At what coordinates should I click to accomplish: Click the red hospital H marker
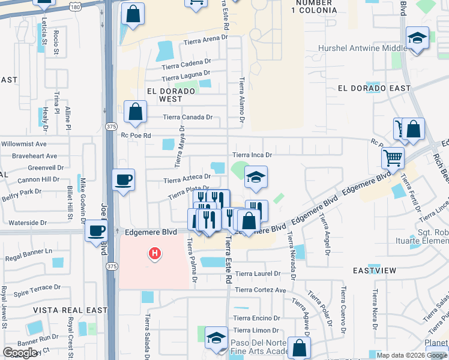155,254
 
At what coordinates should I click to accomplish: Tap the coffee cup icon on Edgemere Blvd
96,230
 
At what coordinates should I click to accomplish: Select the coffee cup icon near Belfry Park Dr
124,179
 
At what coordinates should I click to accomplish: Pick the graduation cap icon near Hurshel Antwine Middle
417,38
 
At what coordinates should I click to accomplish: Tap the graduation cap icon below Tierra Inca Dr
256,177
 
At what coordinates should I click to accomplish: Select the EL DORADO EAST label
374,88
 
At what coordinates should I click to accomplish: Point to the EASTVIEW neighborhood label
374,271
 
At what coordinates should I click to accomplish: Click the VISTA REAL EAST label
70,310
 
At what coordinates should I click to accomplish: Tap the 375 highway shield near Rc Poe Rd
111,127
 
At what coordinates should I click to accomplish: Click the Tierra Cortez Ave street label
260,290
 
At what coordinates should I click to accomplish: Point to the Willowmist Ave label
23,144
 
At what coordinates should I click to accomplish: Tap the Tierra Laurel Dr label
258,274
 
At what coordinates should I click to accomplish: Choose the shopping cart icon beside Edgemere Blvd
393,158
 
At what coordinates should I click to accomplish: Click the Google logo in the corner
20,352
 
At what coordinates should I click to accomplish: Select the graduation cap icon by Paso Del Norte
216,337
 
